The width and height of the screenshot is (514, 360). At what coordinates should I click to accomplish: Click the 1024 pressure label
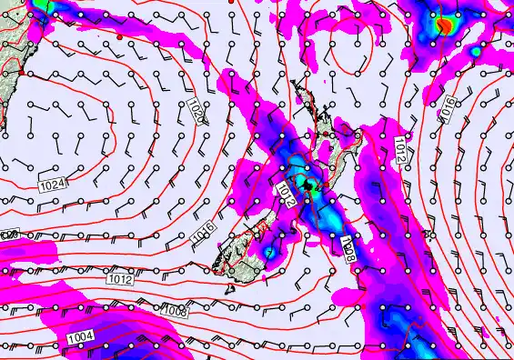[53, 185]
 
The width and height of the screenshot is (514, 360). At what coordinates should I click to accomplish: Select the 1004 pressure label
[80, 338]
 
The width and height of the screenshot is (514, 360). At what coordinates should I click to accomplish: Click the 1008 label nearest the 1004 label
[176, 311]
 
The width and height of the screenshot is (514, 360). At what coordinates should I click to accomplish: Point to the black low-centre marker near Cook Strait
[310, 185]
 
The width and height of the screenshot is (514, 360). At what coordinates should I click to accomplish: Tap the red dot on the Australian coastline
[20, 71]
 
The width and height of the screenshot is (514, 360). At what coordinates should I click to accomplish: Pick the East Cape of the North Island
[362, 134]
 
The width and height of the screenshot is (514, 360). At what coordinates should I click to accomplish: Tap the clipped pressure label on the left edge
[9, 235]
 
